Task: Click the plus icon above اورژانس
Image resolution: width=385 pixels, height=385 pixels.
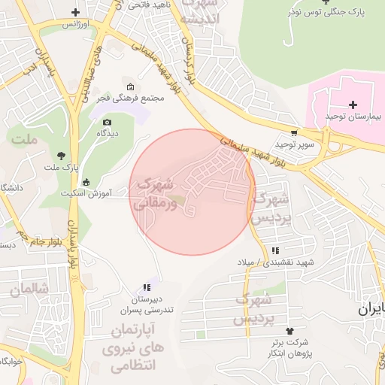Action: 75,12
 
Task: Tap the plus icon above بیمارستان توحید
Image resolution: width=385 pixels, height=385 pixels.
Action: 353,105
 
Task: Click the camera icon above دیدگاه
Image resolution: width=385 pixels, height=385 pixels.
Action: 107,122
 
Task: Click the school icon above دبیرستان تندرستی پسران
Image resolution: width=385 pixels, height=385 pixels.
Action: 147,287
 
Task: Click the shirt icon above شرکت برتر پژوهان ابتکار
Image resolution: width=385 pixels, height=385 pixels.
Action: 290,331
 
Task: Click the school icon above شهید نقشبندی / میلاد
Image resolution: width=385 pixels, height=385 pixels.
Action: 275,250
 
